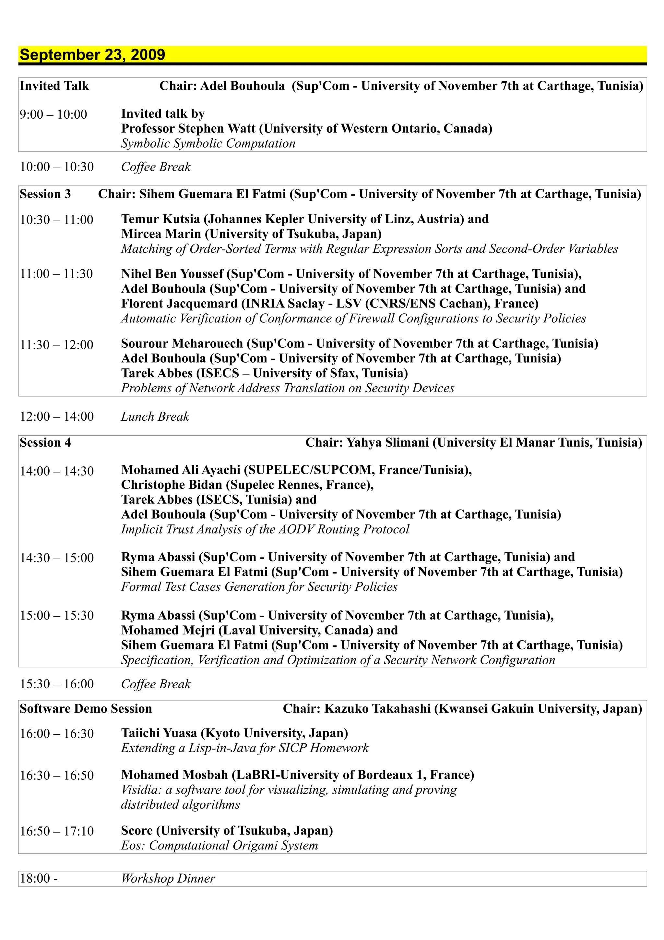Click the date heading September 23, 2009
(x=92, y=55)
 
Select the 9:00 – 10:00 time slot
(x=53, y=114)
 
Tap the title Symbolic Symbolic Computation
(x=208, y=143)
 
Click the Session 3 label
(x=45, y=194)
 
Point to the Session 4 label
(x=45, y=442)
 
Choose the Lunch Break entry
(x=155, y=416)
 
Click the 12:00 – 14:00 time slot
(x=57, y=416)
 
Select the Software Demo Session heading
(x=86, y=709)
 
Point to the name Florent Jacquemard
(x=179, y=303)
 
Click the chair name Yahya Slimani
(x=387, y=442)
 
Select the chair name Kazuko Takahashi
(x=377, y=709)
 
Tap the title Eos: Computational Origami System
(x=219, y=845)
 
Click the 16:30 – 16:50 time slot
(x=57, y=775)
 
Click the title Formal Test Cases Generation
(x=259, y=587)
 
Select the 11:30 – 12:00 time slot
(x=57, y=345)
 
